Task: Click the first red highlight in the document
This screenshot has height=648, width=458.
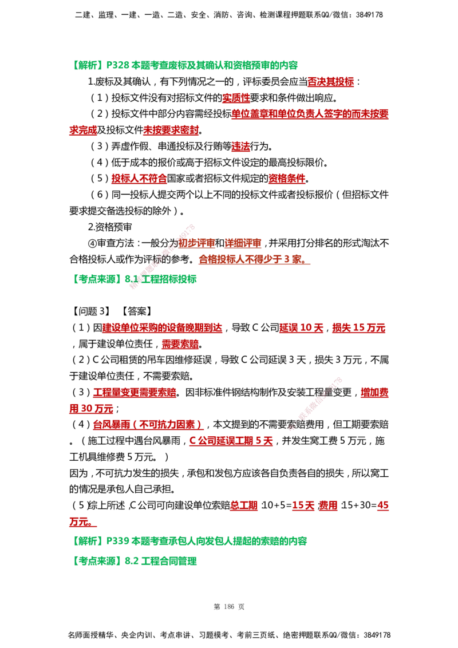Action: pos(331,83)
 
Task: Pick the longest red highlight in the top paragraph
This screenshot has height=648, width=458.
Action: pos(310,115)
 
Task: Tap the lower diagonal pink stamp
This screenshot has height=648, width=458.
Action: pos(315,404)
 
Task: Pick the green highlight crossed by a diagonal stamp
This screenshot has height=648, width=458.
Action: pos(135,279)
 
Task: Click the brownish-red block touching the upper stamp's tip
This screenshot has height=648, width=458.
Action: pos(196,244)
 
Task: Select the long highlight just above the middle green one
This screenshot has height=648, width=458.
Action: pos(253,260)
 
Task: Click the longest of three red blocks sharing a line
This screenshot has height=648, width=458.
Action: pos(162,328)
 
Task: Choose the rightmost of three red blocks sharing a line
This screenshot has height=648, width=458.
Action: pos(360,328)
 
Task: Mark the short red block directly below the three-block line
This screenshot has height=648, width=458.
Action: pos(180,345)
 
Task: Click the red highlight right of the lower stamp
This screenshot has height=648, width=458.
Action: pos(374,392)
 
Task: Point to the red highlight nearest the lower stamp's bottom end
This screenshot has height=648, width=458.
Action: pos(231,441)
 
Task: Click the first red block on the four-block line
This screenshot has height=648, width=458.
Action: pos(244,506)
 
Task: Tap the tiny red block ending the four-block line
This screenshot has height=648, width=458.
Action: pos(384,506)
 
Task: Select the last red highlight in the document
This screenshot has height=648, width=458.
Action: pos(80,522)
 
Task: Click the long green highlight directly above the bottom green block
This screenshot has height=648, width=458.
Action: pos(220,542)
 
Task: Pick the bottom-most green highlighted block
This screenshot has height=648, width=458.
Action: pos(135,560)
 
